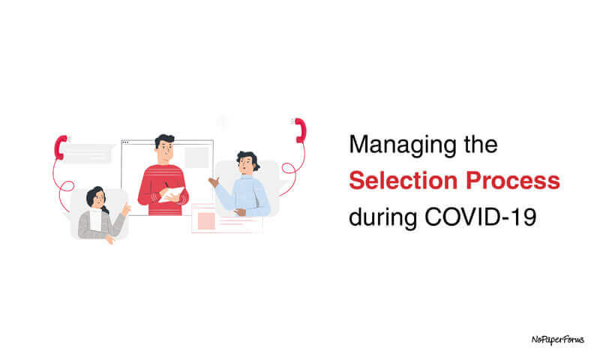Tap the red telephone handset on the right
(300, 129)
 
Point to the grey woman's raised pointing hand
(126, 209)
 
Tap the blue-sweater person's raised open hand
(214, 181)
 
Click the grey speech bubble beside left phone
(88, 153)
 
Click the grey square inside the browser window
(196, 157)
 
